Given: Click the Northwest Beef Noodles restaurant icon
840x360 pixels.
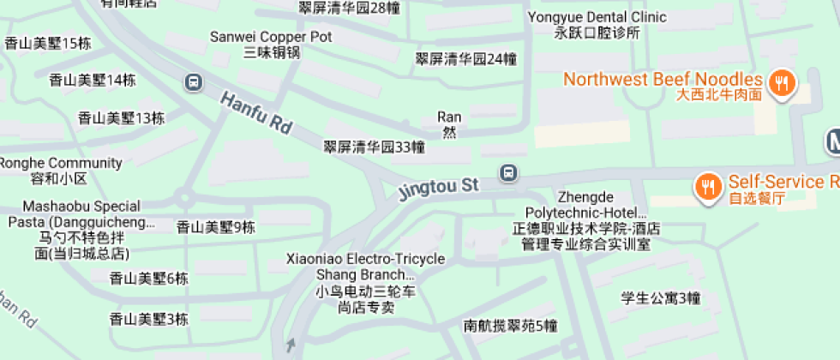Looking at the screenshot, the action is (x=781, y=83).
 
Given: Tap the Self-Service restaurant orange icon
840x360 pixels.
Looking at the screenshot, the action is (x=707, y=186).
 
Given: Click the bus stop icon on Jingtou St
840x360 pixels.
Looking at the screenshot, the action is (x=509, y=173).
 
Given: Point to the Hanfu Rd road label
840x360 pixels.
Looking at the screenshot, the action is (x=256, y=112).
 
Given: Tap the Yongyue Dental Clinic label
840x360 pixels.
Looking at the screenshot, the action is (x=597, y=24).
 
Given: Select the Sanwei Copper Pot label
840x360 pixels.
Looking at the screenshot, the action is (x=271, y=45).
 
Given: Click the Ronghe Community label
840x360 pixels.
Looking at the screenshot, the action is (x=61, y=171).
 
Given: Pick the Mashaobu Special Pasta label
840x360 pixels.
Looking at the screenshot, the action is (x=81, y=230).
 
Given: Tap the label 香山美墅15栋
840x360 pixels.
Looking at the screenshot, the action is (x=48, y=43).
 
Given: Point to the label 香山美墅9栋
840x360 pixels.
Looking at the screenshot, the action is (x=215, y=227).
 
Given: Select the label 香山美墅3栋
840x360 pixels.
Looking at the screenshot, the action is (x=148, y=319).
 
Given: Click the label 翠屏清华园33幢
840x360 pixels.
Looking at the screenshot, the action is (x=374, y=147).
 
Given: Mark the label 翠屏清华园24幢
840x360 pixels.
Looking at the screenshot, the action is (x=466, y=59).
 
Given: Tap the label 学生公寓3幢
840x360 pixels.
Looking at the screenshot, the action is (x=661, y=298).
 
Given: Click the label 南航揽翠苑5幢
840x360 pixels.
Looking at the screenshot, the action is (x=511, y=326).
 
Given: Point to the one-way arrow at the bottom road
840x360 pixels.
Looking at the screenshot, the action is (x=291, y=345).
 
